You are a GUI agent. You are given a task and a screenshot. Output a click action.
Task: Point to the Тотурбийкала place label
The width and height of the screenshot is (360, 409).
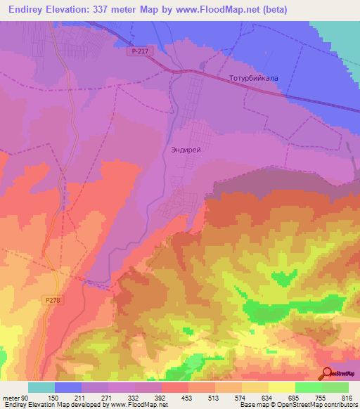coord(249,79)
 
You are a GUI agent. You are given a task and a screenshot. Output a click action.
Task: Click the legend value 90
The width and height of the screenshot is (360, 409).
coord(27,397)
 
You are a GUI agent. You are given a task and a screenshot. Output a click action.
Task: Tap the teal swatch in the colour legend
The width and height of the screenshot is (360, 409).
coord(41,387)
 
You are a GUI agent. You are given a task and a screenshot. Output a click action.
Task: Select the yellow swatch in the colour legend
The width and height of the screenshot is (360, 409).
coord(282,387)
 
